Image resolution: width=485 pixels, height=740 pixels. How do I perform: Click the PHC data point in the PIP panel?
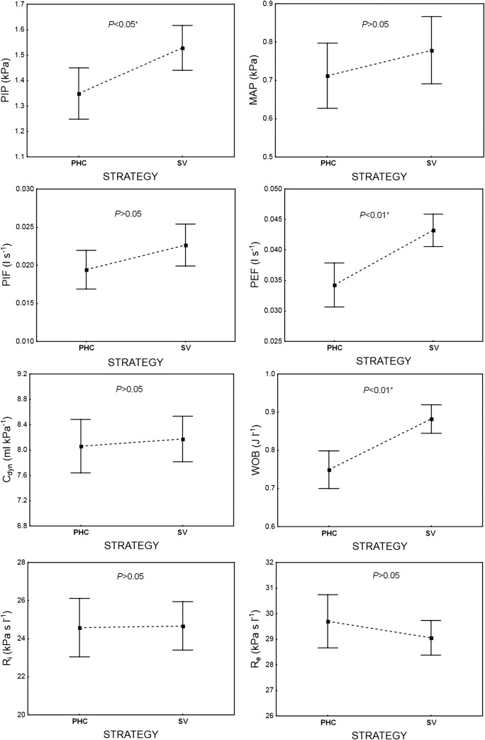coord(79,94)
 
